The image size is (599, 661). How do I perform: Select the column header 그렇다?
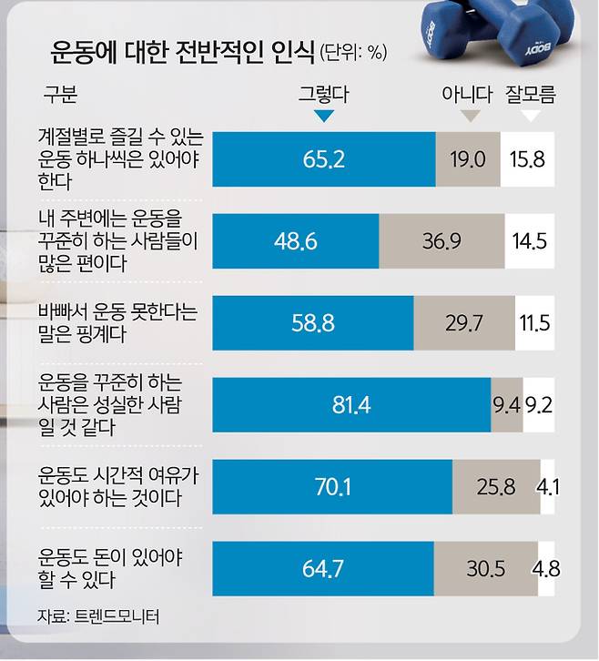point(323,93)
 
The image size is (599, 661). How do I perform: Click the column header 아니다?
point(466,93)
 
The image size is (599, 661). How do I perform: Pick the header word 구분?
point(59,93)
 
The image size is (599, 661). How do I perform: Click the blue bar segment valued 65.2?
point(323,158)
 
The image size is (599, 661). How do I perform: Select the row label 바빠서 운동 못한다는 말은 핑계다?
point(118,323)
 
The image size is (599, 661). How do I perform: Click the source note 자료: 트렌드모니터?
point(98,617)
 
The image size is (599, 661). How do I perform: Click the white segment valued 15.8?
point(528,158)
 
